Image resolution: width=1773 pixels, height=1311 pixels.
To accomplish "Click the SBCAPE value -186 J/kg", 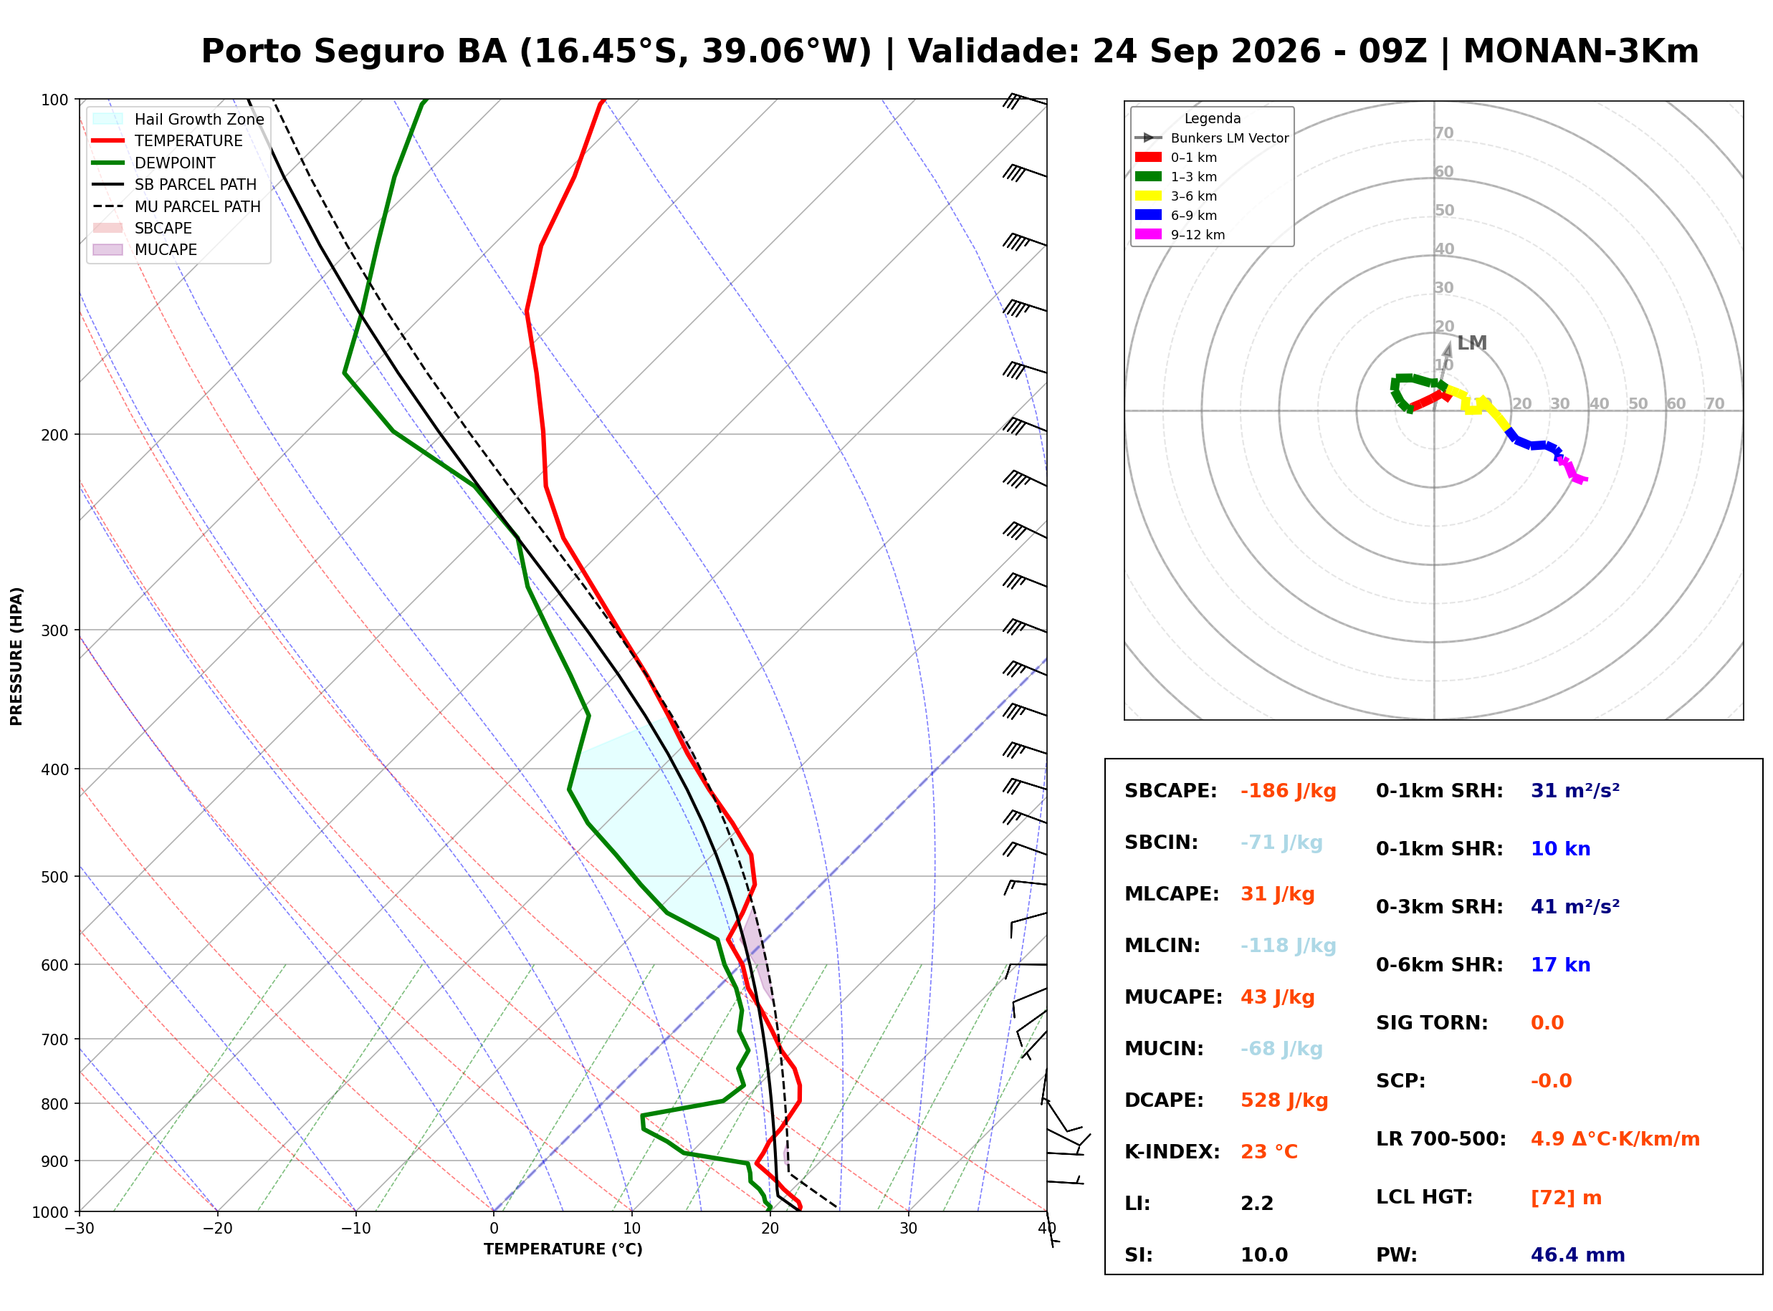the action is pyautogui.click(x=1288, y=791).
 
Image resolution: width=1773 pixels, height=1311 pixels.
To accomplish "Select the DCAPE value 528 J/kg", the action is pyautogui.click(x=1284, y=1100).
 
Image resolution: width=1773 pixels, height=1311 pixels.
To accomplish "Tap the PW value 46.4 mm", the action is pyautogui.click(x=1578, y=1255).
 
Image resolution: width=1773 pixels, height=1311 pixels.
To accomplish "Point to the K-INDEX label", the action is pyautogui.click(x=1172, y=1152).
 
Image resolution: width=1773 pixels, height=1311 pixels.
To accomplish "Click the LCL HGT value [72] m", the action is pyautogui.click(x=1566, y=1198).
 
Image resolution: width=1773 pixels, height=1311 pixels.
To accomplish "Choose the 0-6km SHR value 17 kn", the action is pyautogui.click(x=1560, y=965).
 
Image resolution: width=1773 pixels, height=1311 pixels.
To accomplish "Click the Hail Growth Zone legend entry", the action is pyautogui.click(x=178, y=119).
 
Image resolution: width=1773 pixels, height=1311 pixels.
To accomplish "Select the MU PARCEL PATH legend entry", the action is pyautogui.click(x=177, y=206).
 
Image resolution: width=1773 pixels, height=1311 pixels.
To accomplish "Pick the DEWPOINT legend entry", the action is pyautogui.click(x=154, y=163).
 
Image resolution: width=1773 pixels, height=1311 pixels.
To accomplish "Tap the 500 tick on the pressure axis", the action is pyautogui.click(x=54, y=877).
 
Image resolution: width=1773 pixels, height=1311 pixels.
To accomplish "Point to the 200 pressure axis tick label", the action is pyautogui.click(x=54, y=435).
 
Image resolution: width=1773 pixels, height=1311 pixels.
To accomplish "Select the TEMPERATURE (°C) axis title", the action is pyautogui.click(x=563, y=1250).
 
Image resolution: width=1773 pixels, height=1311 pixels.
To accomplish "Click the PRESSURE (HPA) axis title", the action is pyautogui.click(x=16, y=656).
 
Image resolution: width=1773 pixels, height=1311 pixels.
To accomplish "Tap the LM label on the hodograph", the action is pyautogui.click(x=1471, y=343).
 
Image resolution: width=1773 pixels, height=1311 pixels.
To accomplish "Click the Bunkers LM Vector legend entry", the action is pyautogui.click(x=1212, y=138).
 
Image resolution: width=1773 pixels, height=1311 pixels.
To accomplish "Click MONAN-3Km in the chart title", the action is pyautogui.click(x=1581, y=52).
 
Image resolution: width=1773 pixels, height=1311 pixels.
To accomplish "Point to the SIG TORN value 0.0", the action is pyautogui.click(x=1547, y=1023).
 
